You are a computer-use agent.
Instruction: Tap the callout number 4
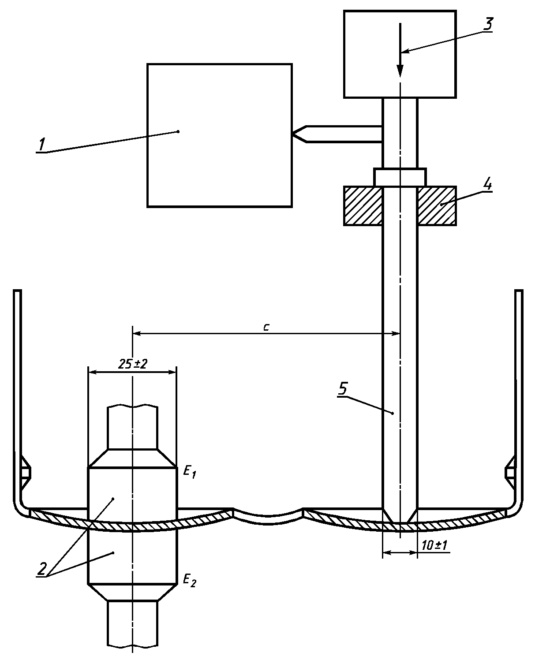(x=487, y=185)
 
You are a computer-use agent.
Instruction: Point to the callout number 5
(x=343, y=388)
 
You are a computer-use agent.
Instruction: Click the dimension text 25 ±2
(x=132, y=364)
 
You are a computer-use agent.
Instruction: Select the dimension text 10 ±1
(x=434, y=545)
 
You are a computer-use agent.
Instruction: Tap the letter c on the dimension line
(x=266, y=328)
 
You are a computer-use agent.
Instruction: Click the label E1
(x=189, y=472)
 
